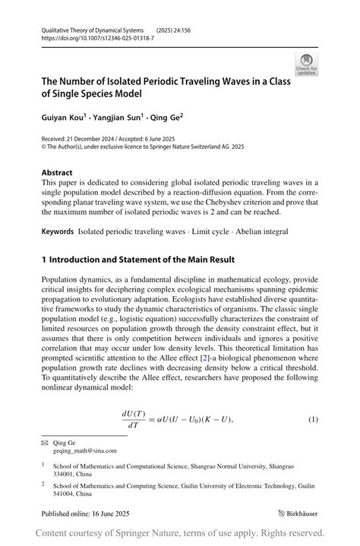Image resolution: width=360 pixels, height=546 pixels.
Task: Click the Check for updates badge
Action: click(x=306, y=64)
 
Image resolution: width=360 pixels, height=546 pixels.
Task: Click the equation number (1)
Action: click(x=312, y=420)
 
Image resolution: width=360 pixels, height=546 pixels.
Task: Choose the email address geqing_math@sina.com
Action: click(x=85, y=450)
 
